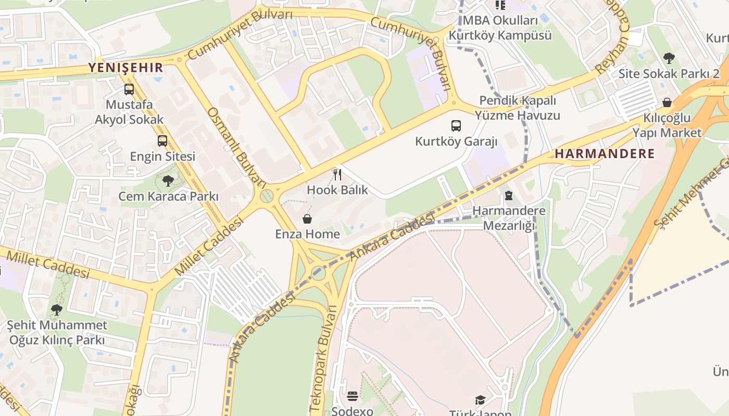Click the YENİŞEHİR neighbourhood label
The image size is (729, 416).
tap(125, 67)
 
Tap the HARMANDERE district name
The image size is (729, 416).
tap(605, 153)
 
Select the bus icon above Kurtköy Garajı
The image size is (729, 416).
tap(456, 125)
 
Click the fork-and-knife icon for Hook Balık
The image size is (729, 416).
tap(337, 174)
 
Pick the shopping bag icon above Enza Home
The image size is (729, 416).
tap(307, 219)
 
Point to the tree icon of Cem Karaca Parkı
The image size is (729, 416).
tap(168, 181)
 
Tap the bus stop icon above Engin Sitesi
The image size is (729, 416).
tap(162, 140)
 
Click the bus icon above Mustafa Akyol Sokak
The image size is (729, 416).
tap(129, 89)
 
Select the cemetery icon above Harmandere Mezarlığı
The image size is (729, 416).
tap(509, 196)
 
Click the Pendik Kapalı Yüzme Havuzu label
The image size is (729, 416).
tap(520, 108)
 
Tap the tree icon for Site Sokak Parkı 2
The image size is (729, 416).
tap(669, 58)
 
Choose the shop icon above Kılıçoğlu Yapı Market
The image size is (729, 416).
tap(667, 102)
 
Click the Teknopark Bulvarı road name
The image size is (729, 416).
tap(323, 359)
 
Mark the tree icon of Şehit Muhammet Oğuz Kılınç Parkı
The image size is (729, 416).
tap(57, 310)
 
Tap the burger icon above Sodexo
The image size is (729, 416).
tap(353, 396)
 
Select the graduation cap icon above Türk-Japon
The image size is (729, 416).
tap(480, 400)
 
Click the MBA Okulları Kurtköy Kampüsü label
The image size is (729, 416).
tap(500, 28)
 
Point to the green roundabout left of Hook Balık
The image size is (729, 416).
tap(267, 196)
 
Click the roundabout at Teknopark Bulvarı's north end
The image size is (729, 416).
tap(318, 273)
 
